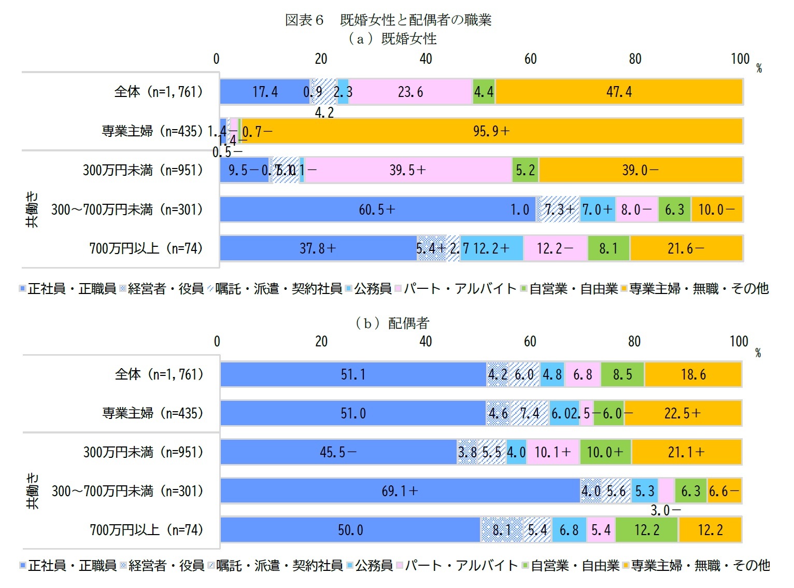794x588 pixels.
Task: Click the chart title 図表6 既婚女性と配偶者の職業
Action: click(388, 20)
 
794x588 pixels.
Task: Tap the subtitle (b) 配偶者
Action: click(392, 323)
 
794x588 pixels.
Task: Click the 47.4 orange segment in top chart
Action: click(619, 92)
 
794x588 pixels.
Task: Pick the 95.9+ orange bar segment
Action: click(491, 131)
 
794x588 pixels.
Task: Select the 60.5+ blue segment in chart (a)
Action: click(377, 209)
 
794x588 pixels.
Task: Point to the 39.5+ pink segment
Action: click(408, 170)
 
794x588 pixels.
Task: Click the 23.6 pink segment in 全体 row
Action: click(410, 92)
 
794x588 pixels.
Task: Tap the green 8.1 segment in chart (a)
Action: click(608, 248)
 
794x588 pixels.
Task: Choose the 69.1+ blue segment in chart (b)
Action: click(400, 491)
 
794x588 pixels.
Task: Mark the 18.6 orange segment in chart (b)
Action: click(693, 374)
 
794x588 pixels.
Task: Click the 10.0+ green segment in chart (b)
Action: click(605, 452)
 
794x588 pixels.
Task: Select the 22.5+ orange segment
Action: click(683, 413)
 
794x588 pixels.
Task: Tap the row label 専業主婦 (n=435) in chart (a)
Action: click(152, 131)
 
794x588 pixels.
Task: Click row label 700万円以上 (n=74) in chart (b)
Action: click(146, 529)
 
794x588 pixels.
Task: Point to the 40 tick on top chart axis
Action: click(426, 59)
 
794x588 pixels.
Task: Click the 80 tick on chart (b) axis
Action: click(634, 341)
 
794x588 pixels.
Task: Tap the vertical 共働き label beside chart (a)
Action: click(32, 209)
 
